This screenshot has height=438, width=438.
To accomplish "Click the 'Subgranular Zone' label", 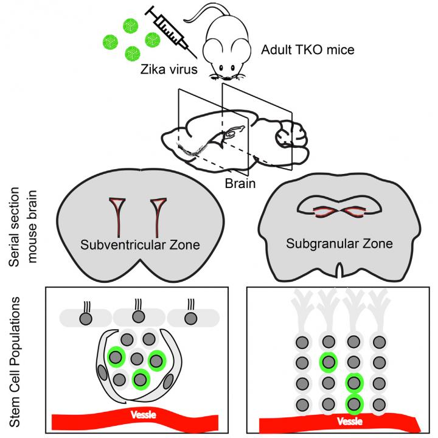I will [339, 243].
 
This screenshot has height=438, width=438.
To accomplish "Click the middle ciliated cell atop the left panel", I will [137, 318].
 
